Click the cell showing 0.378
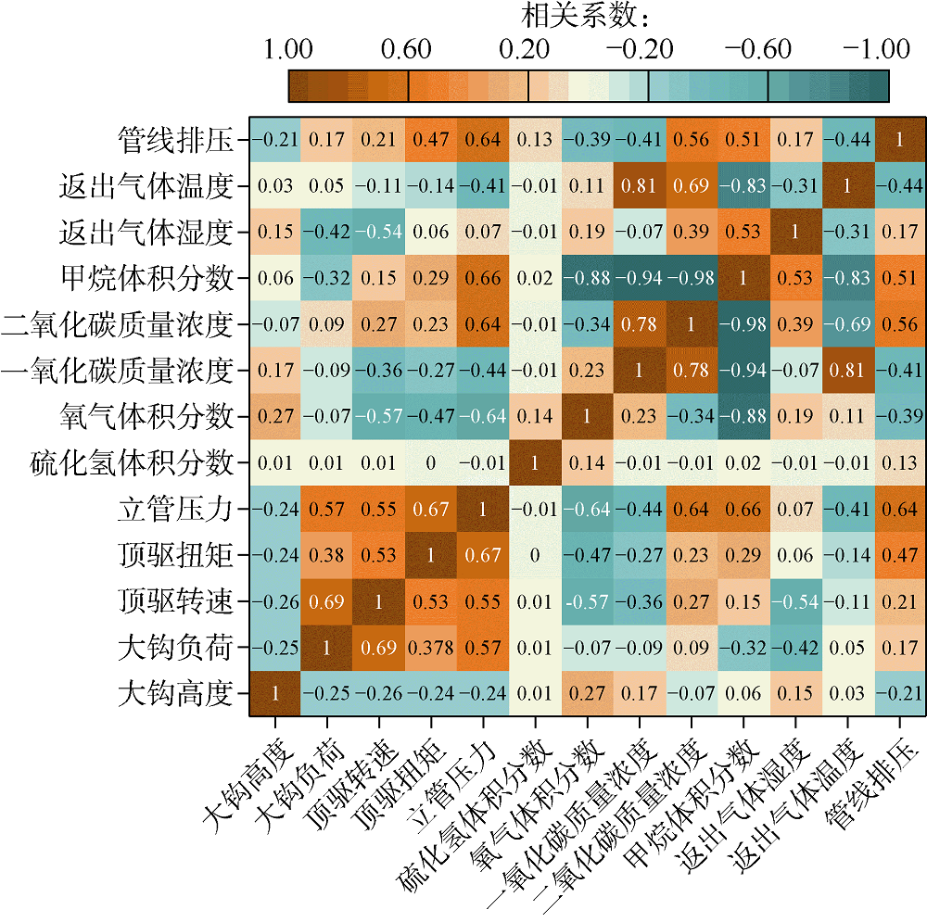(430, 647)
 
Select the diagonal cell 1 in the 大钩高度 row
(274, 693)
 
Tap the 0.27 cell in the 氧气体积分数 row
(274, 416)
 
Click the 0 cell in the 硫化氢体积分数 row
(430, 462)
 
